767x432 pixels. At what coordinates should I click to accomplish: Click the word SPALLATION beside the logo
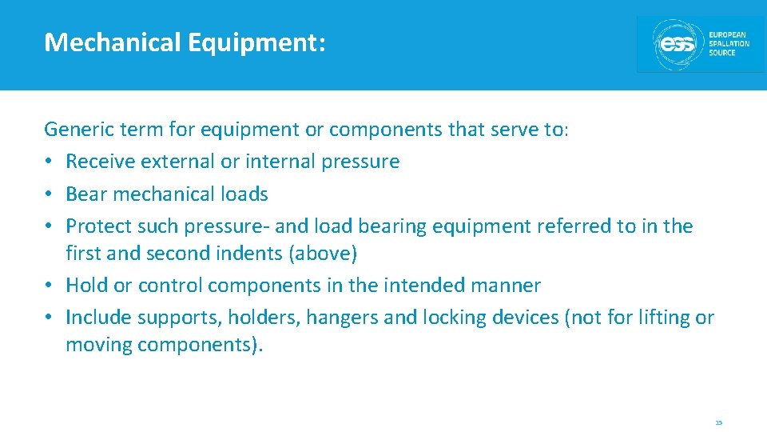[729, 44]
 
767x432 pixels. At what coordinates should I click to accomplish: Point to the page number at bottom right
[718, 422]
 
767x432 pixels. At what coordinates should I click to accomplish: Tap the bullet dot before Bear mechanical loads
[50, 194]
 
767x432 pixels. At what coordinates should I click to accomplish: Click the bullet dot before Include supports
[50, 318]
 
